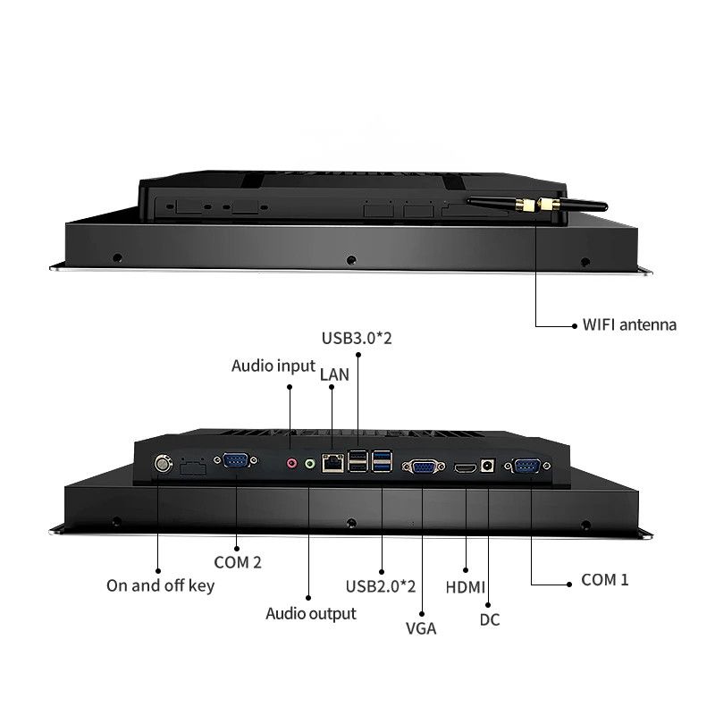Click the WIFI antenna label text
tap(629, 324)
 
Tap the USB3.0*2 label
tap(357, 339)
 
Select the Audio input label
tap(273, 366)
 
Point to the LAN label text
tap(334, 374)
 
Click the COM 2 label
tap(238, 562)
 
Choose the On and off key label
tap(160, 585)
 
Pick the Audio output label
tap(310, 614)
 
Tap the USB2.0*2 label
tap(381, 586)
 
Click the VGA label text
tap(421, 628)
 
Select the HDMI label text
tap(465, 587)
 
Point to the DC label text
tap(490, 619)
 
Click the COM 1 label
tap(605, 579)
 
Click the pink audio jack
tap(291, 464)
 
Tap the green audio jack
tap(310, 464)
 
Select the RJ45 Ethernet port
tap(332, 463)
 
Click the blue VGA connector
tap(423, 467)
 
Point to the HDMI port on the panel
tap(465, 467)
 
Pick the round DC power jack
tap(487, 466)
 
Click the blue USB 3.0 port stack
tap(382, 460)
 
